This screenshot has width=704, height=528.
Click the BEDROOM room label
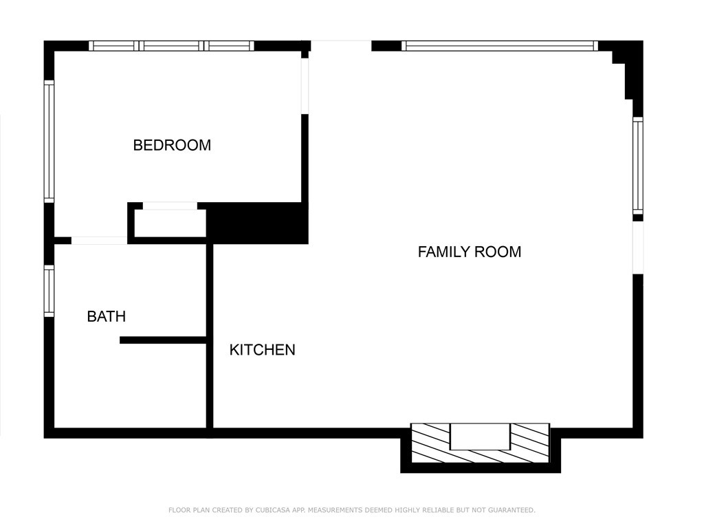pos(172,145)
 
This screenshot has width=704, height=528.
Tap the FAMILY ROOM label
pos(469,252)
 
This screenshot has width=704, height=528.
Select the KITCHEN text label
pos(262,350)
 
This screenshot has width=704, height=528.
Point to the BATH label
pos(106,316)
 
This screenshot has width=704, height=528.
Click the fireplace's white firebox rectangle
pos(480,436)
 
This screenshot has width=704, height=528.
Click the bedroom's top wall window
pos(171,46)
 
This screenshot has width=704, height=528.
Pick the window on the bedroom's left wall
pos(49,142)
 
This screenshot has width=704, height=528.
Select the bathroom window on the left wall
pos(49,291)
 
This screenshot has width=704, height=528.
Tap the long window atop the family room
pos(500,46)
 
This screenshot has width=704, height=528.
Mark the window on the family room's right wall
pos(638,166)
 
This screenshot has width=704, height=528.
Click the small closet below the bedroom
pos(170,223)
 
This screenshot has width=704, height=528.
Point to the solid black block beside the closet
pos(257,223)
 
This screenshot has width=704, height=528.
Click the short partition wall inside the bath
pos(163,340)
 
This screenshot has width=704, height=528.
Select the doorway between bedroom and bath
pos(99,241)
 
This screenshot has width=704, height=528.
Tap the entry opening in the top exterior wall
pos(341,46)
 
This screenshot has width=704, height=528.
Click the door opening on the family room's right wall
pos(638,247)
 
